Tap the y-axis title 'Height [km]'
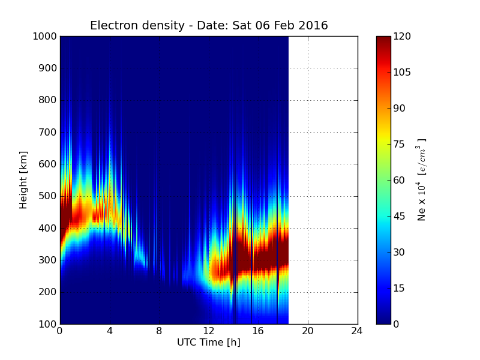[23, 180]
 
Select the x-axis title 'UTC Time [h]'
[208, 343]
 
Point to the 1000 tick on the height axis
[44, 37]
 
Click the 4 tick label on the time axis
[110, 331]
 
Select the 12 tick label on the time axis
[209, 331]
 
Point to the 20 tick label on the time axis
[308, 331]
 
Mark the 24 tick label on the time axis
[358, 331]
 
